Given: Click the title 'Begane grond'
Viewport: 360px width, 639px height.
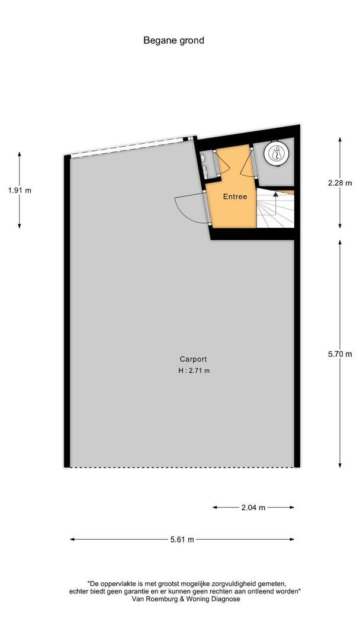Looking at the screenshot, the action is [173, 40].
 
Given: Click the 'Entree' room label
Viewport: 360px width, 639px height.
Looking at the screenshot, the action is [235, 196].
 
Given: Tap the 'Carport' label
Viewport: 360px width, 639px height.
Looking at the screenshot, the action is [193, 359].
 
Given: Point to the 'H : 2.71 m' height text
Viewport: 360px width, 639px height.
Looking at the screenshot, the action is [194, 371].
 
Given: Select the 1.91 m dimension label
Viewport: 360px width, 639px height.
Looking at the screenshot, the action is [20, 190].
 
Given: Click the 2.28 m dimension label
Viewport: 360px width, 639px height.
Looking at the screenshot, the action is [340, 183].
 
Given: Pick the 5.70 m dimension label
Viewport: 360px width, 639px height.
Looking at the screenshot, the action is [340, 354].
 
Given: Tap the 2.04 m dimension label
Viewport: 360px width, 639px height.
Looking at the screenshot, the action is [253, 508].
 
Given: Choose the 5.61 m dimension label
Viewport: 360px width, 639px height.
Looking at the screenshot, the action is [182, 539].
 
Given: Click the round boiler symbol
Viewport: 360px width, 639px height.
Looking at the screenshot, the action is [277, 154].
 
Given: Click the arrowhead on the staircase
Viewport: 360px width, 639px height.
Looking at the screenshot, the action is [275, 195].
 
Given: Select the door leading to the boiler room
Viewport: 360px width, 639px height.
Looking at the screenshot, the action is [247, 165].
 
